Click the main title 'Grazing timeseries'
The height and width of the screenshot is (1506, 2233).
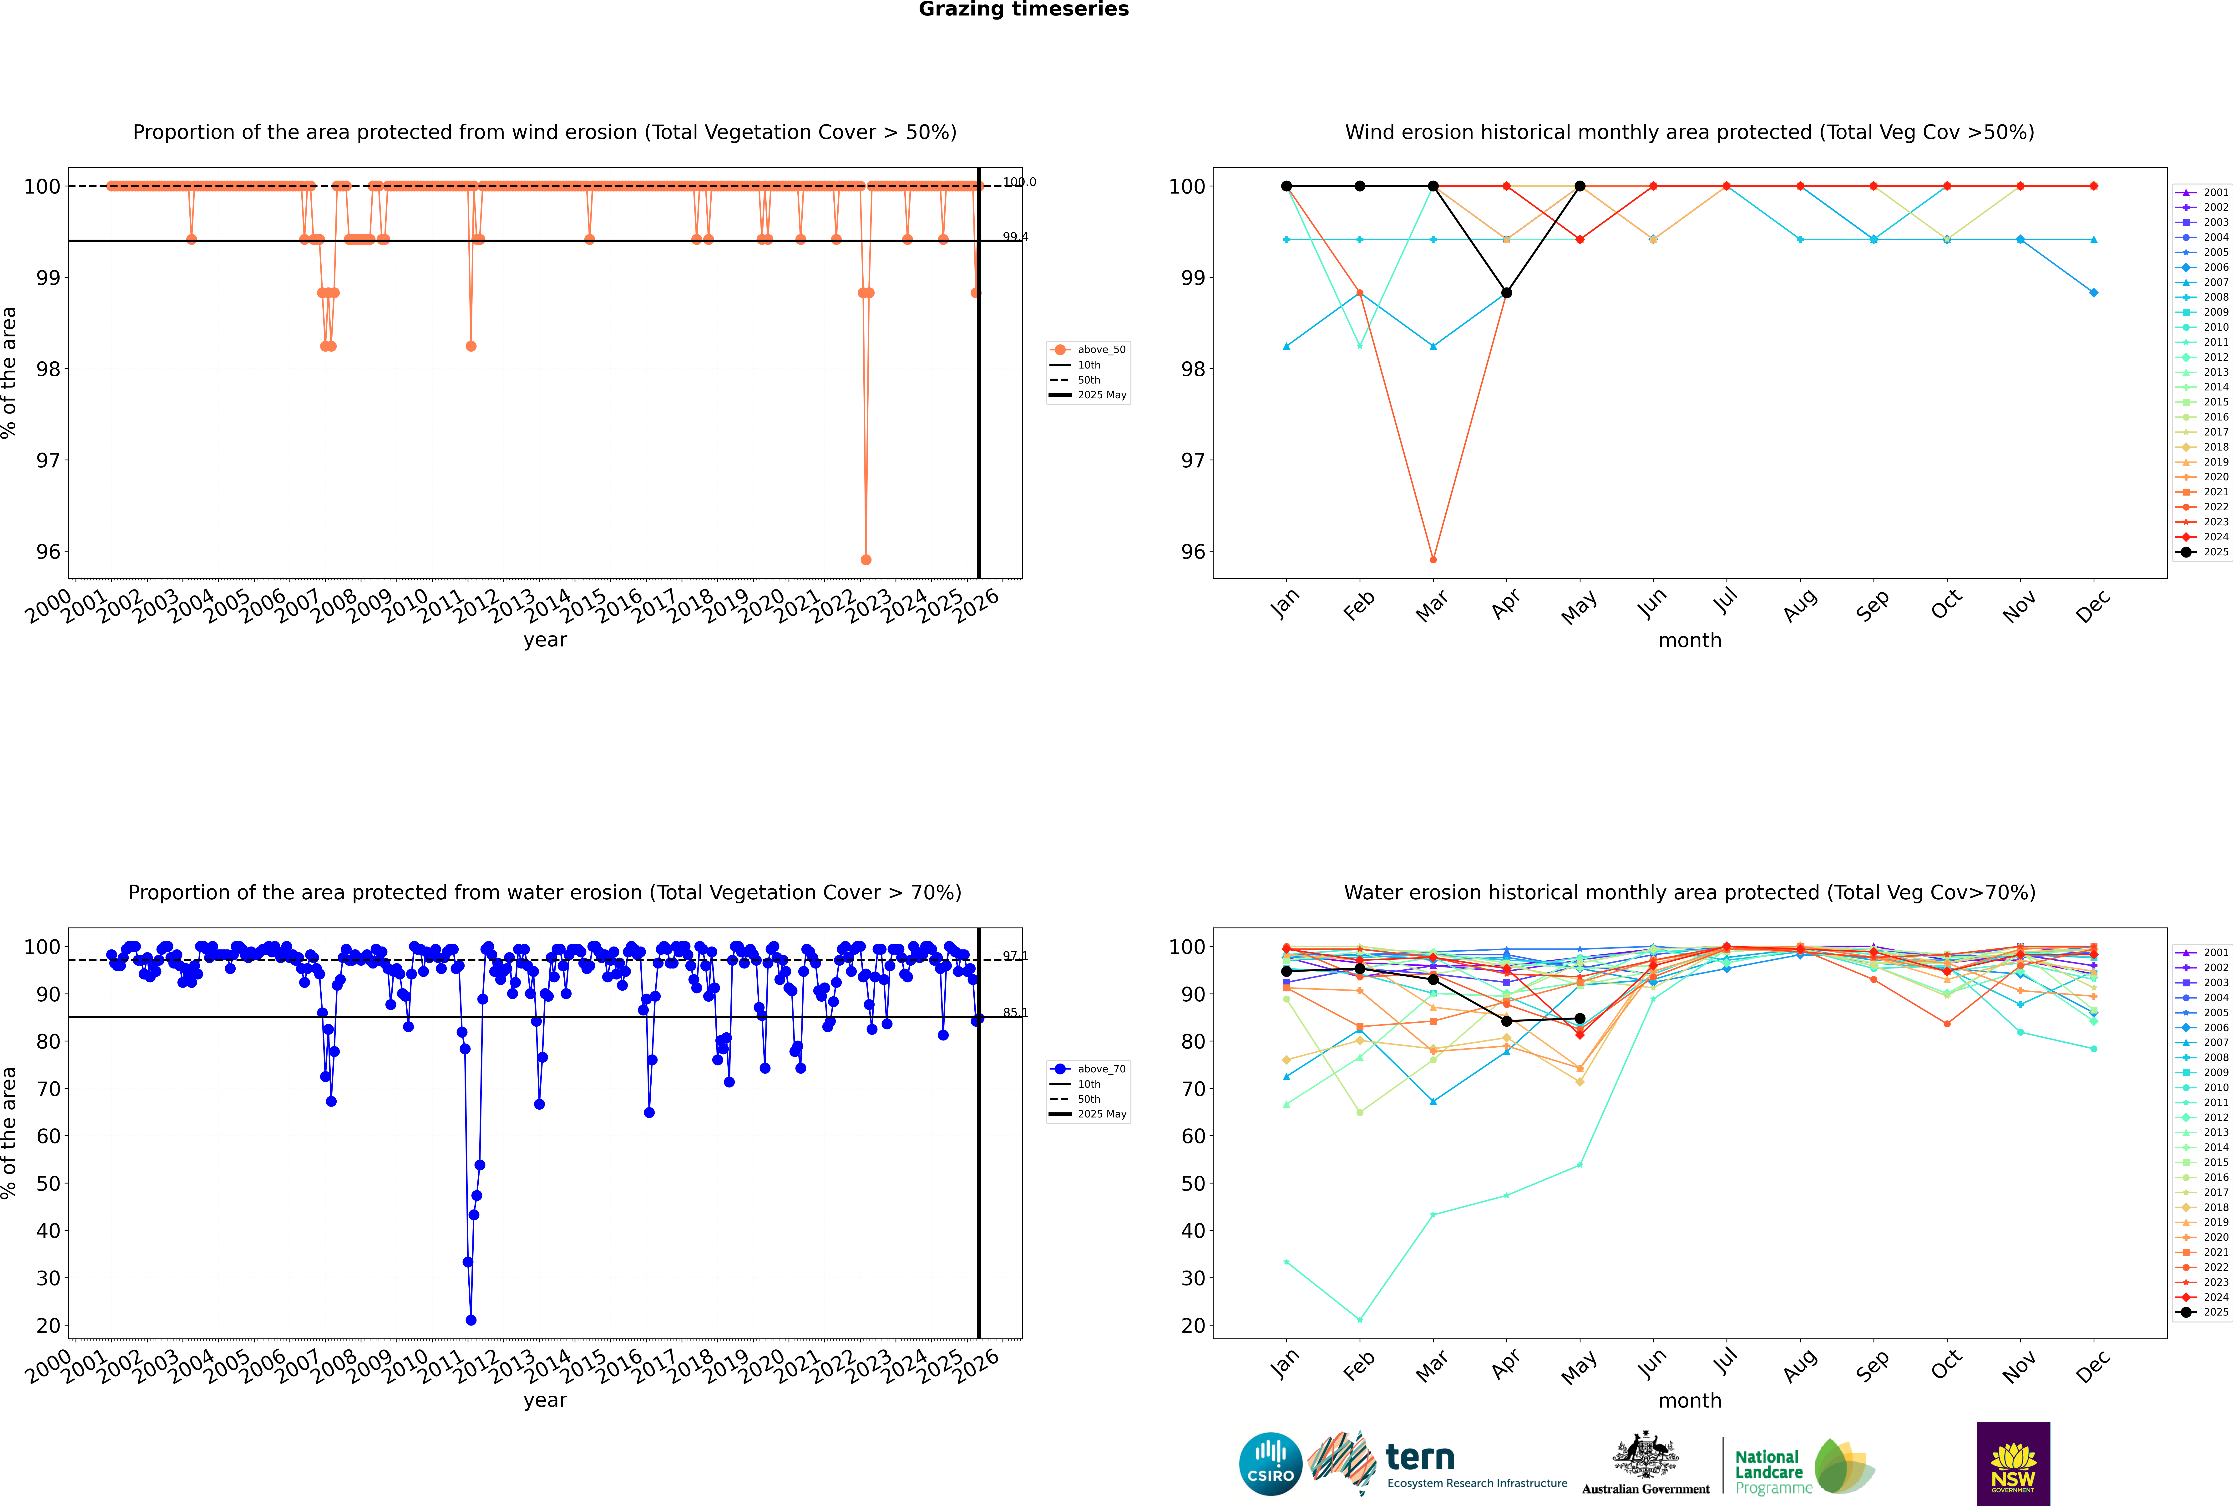[x=1023, y=10]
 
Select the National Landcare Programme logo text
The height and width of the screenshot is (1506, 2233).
[x=1769, y=1471]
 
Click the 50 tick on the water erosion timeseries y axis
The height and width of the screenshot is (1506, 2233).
[x=48, y=1183]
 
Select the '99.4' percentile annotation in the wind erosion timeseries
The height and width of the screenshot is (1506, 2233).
[x=1015, y=236]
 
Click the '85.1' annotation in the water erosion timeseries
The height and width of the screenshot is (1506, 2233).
[x=1015, y=1012]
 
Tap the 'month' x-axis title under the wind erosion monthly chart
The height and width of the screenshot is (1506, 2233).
[x=1690, y=641]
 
